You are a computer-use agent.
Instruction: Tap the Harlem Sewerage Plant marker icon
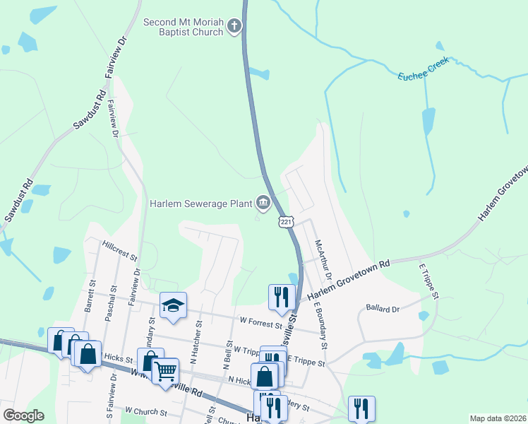tap(263, 204)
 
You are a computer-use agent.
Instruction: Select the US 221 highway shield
tap(285, 222)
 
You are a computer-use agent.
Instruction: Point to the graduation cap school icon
tap(173, 305)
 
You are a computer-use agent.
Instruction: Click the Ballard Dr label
tap(383, 309)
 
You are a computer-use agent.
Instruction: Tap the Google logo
tap(23, 416)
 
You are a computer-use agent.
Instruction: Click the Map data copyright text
tap(498, 418)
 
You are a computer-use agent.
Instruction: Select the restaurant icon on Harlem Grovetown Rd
tap(280, 295)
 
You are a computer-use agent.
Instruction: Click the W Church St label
tap(146, 410)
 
